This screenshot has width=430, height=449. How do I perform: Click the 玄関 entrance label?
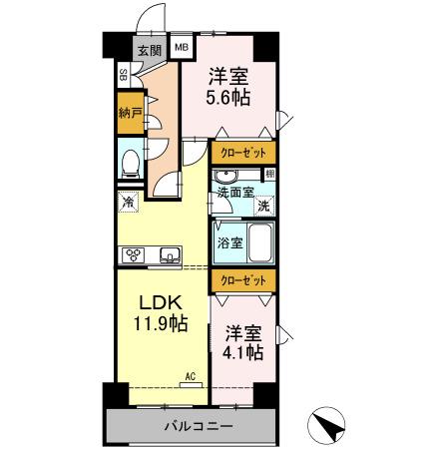click(150, 50)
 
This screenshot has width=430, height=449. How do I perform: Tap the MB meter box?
click(182, 47)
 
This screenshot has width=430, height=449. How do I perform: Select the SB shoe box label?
click(124, 75)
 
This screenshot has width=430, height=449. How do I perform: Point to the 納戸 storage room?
click(131, 113)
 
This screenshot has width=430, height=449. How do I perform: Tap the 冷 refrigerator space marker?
click(128, 202)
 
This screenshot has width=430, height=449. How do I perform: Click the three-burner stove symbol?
click(133, 255)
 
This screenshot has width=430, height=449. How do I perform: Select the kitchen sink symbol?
click(170, 255)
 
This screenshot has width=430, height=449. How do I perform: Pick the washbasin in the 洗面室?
click(225, 176)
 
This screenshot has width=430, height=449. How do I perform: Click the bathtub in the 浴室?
click(261, 243)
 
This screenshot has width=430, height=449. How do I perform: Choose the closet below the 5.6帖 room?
click(243, 153)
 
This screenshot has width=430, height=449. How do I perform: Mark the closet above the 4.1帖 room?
click(243, 280)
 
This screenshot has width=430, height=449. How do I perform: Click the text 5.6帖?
click(228, 98)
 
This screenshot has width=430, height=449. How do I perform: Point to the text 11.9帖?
click(161, 323)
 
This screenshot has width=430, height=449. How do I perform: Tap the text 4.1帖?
click(243, 352)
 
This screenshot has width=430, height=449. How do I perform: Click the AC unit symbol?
click(191, 385)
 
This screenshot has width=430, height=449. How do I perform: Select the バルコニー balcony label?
click(199, 426)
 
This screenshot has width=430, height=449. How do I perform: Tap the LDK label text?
click(161, 303)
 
